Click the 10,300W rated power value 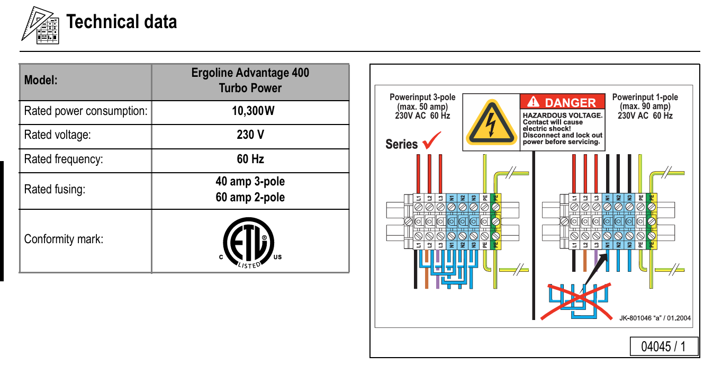(x=253, y=111)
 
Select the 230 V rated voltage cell (x=250, y=135)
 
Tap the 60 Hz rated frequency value (x=250, y=159)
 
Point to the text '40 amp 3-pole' (x=250, y=181)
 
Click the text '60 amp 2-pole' (x=250, y=197)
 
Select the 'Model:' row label (x=41, y=80)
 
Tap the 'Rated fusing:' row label (x=55, y=189)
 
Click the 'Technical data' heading (x=122, y=22)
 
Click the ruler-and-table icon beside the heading (x=40, y=25)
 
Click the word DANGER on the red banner (x=570, y=103)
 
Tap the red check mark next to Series (x=431, y=140)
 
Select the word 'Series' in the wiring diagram (x=401, y=144)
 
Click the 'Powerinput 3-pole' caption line (x=422, y=97)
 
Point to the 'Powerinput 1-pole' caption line (x=645, y=97)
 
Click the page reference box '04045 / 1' (x=664, y=347)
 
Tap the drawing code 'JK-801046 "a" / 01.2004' (x=655, y=318)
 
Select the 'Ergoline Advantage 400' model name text (x=250, y=73)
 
